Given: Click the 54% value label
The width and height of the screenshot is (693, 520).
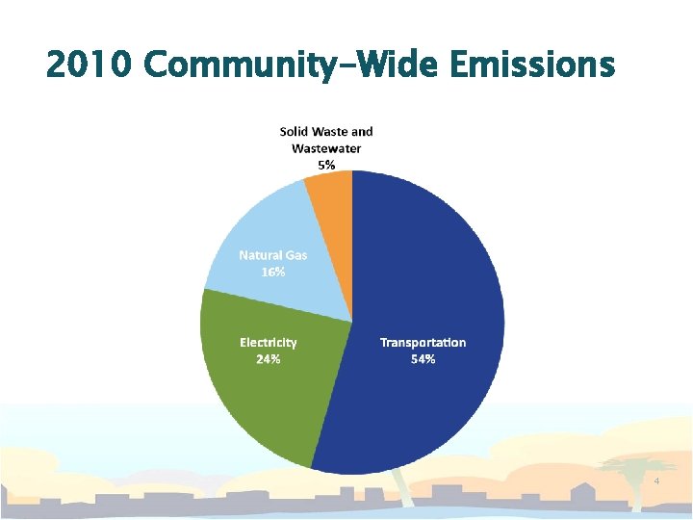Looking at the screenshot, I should click(x=423, y=359).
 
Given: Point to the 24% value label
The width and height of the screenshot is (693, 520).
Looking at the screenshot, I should click(x=268, y=359).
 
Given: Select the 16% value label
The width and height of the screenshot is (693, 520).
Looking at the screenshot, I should click(x=273, y=273).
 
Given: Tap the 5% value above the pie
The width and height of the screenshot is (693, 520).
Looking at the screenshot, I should click(x=326, y=165).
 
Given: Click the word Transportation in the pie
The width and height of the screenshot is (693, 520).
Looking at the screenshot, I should click(x=423, y=343).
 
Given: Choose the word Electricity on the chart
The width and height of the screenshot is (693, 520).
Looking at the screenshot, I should click(x=268, y=343).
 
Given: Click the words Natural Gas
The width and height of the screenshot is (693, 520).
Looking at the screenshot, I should click(x=273, y=255).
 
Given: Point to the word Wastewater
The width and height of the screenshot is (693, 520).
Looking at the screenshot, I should click(x=326, y=148).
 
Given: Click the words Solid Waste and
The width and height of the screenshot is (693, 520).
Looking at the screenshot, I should click(x=326, y=131).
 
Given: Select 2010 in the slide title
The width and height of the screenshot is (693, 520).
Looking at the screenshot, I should click(x=90, y=65).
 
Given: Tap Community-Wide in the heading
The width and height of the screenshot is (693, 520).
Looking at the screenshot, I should click(x=289, y=65).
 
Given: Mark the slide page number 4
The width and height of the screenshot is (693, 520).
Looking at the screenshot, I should click(x=656, y=481).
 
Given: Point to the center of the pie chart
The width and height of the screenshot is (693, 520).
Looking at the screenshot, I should click(x=352, y=321).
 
